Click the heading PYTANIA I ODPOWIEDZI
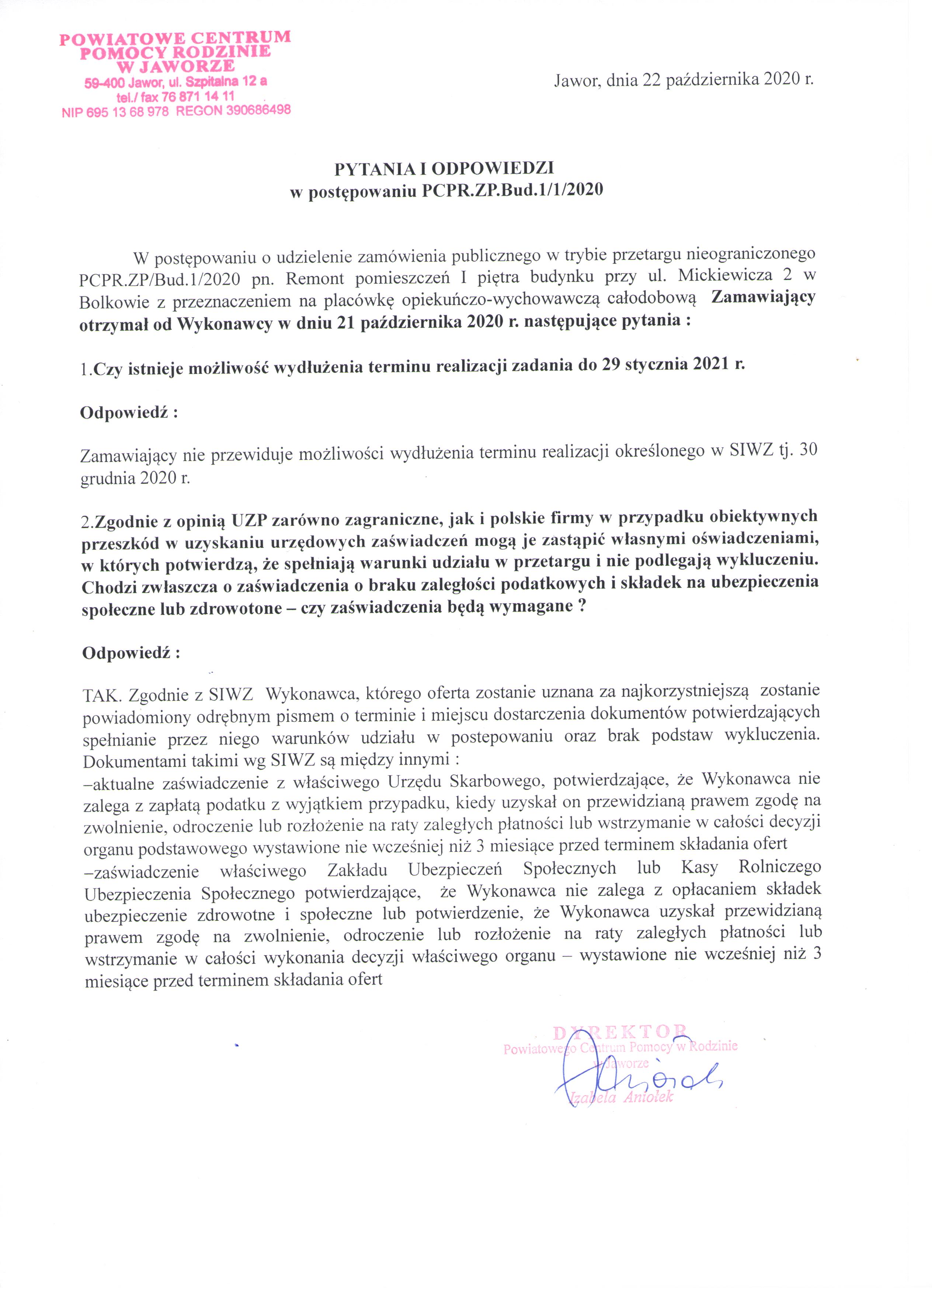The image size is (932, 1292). pos(444,169)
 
